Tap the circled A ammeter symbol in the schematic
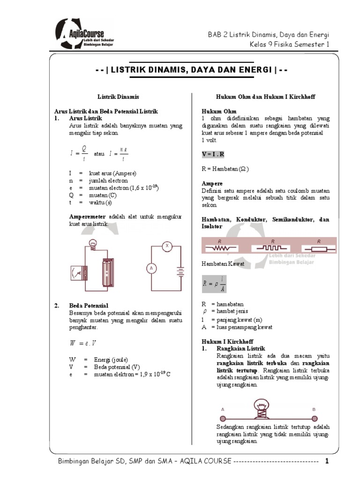pos(151,268)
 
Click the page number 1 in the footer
pos(328,461)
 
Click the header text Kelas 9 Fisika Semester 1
pos(290,45)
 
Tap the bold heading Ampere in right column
pos(212,183)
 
